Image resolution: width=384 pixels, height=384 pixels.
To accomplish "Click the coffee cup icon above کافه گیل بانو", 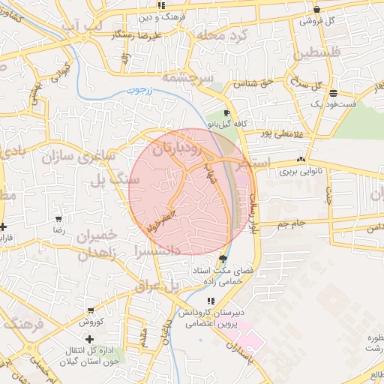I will [227, 113].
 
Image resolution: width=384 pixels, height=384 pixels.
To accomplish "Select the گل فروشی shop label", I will [316, 20].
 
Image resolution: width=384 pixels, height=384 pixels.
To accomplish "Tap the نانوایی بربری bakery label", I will [301, 171].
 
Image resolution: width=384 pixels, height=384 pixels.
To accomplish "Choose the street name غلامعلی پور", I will [280, 133].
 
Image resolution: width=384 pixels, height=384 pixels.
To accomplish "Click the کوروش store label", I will [91, 322].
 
